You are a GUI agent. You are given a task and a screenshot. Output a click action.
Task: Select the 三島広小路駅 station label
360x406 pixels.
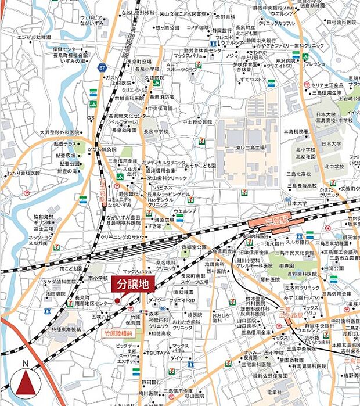(x=289, y=314)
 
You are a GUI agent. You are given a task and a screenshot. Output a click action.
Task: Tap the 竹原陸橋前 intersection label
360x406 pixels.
(x=119, y=334)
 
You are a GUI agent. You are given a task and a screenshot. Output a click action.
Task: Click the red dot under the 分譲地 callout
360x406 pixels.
(x=117, y=300)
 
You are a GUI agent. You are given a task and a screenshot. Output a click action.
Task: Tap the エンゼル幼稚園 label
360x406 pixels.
(x=34, y=37)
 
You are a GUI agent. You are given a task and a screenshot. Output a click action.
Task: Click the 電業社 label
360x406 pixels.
(x=275, y=393)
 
